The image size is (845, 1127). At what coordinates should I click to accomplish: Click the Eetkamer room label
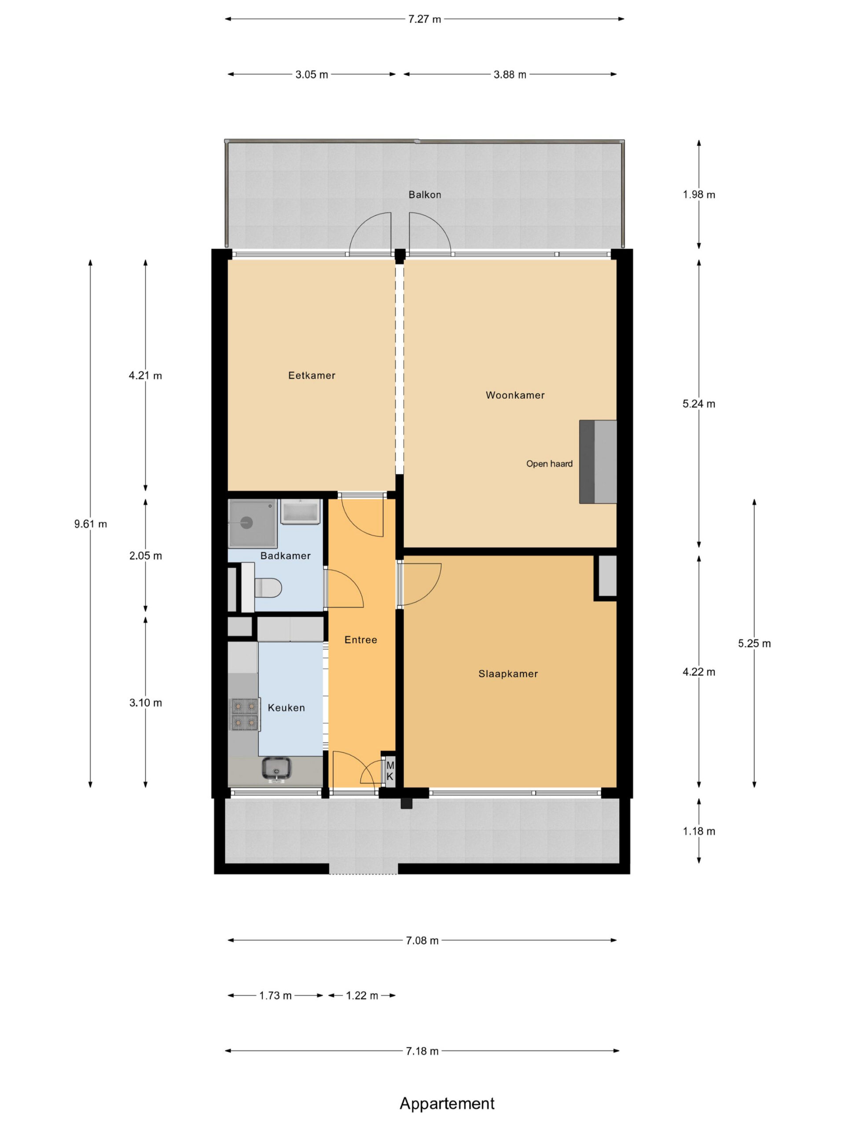[x=312, y=376]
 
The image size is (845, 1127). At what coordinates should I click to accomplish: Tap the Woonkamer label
[x=515, y=395]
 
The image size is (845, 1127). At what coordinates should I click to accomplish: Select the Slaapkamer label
[x=508, y=674]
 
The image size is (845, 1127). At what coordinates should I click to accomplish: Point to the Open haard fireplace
[x=598, y=462]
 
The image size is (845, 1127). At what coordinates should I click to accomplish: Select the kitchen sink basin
[x=276, y=768]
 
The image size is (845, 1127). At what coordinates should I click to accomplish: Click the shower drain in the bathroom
[x=247, y=522]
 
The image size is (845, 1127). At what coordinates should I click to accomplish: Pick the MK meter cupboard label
[x=389, y=771]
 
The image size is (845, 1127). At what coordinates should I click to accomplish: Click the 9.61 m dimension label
[x=91, y=524]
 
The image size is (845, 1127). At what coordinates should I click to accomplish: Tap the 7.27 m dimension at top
[x=424, y=19]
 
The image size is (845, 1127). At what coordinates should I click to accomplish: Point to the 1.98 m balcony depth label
[x=699, y=195]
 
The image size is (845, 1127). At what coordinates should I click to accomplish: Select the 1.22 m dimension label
[x=362, y=995]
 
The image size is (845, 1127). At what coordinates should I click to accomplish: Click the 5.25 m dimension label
[x=754, y=644]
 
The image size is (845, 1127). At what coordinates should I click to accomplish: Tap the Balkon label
[x=425, y=195]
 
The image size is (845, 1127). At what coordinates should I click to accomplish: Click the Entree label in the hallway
[x=360, y=640]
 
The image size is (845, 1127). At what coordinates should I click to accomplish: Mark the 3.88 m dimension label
[x=510, y=74]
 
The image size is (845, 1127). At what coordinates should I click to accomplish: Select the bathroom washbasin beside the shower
[x=301, y=512]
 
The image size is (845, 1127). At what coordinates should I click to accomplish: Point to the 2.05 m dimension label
[x=146, y=556]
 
